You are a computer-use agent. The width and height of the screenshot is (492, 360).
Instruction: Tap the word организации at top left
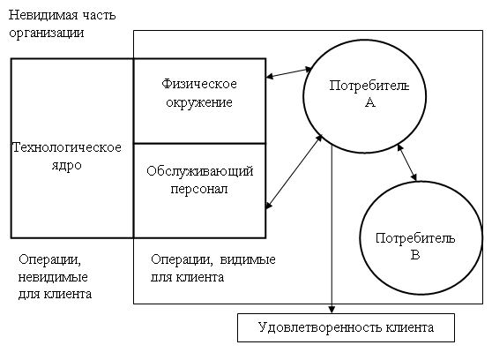click(x=47, y=33)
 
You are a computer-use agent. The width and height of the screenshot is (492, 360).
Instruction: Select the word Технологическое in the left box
click(x=66, y=147)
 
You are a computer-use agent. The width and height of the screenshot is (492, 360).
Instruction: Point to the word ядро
click(x=66, y=166)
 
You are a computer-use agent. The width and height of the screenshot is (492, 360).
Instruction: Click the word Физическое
click(x=199, y=84)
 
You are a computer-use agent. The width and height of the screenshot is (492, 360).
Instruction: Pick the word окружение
click(x=199, y=102)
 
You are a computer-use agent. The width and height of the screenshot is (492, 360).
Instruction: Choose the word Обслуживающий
click(x=200, y=171)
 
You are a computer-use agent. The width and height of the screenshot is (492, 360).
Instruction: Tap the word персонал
click(x=199, y=189)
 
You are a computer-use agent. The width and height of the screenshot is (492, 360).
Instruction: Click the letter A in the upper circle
click(x=370, y=102)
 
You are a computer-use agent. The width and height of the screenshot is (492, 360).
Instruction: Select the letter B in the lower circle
click(x=415, y=254)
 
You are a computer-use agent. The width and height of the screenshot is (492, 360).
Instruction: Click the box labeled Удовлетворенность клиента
click(x=347, y=327)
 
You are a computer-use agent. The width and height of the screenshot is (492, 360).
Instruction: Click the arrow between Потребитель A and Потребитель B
click(x=407, y=162)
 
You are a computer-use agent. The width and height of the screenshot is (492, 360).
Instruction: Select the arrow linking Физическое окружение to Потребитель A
click(x=288, y=72)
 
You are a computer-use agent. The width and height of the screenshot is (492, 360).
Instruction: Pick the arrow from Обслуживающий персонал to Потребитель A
click(x=294, y=171)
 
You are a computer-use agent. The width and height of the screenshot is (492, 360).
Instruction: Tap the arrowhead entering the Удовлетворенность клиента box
click(x=332, y=310)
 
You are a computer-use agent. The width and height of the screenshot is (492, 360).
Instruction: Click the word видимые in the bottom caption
click(x=248, y=259)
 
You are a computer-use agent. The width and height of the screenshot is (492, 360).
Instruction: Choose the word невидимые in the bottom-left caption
click(x=53, y=277)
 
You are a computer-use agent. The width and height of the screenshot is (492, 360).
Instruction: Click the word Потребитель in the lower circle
click(x=415, y=238)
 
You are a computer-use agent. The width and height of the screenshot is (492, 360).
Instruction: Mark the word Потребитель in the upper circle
click(x=369, y=86)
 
